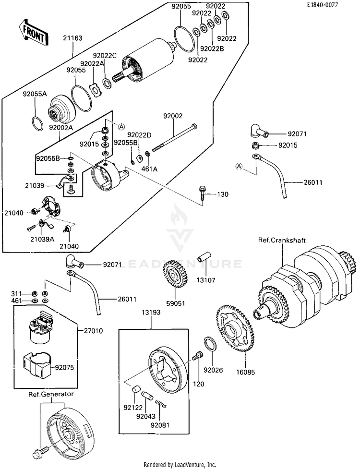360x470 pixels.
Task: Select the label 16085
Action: coord(244,371)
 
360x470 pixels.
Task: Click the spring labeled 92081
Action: coord(162,410)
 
